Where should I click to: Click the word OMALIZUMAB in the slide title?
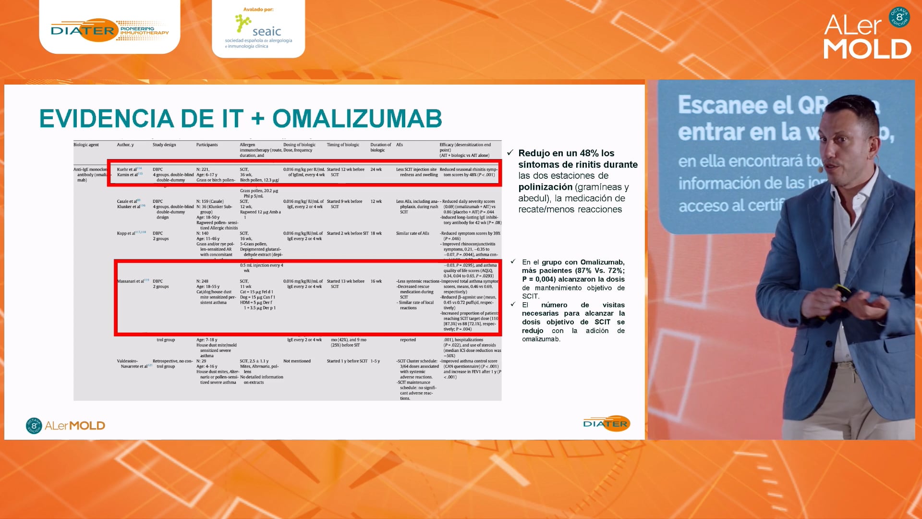pyautogui.click(x=357, y=119)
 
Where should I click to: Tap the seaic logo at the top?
pyautogui.click(x=258, y=29)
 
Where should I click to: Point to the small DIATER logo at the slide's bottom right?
pyautogui.click(x=606, y=423)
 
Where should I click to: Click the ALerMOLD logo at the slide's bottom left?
pyautogui.click(x=66, y=425)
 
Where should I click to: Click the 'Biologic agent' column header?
pyautogui.click(x=86, y=145)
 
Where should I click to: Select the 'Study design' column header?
pyautogui.click(x=164, y=145)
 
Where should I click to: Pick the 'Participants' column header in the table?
pyautogui.click(x=207, y=145)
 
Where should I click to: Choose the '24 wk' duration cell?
pyautogui.click(x=376, y=170)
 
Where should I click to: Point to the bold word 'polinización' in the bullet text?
pyautogui.click(x=546, y=187)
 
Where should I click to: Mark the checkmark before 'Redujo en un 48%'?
pyautogui.click(x=510, y=153)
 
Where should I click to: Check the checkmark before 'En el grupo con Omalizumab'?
pyautogui.click(x=513, y=261)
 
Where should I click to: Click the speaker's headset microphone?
pyautogui.click(x=821, y=169)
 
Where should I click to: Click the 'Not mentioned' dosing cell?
pyautogui.click(x=297, y=361)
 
